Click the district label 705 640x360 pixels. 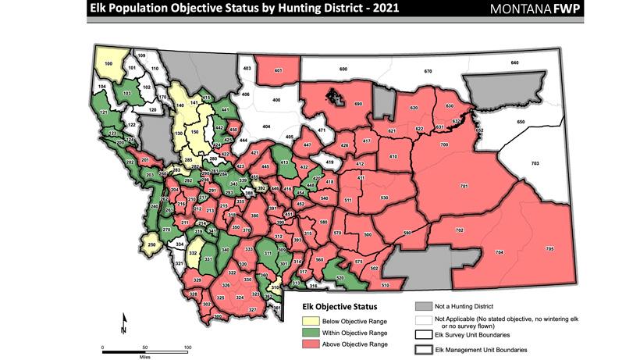[x=549, y=248]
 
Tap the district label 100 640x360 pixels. [x=108, y=62]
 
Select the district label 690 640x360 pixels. [x=358, y=104]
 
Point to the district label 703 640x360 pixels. [x=535, y=162]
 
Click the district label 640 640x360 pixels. [x=514, y=62]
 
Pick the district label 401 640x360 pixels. [x=278, y=70]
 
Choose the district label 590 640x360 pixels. [x=406, y=233]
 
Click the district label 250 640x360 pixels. [x=152, y=245]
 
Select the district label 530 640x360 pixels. [x=384, y=198]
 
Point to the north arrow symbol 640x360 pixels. [x=123, y=324]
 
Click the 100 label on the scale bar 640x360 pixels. [x=187, y=347]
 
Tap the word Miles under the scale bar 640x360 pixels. [x=146, y=355]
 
